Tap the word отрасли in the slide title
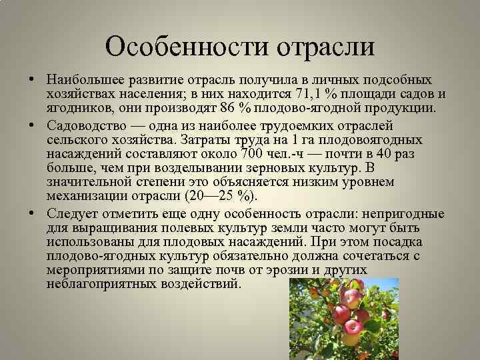point(325,47)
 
